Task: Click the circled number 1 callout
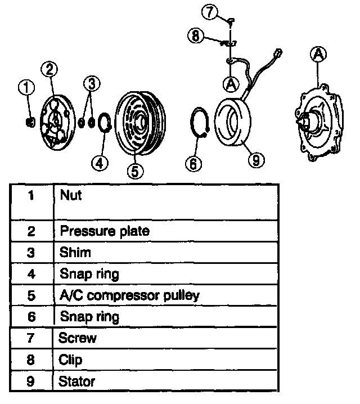(26, 87)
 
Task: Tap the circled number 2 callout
(49, 69)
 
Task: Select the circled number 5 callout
(134, 170)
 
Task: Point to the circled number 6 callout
(193, 163)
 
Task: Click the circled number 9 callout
(255, 160)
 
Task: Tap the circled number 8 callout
(195, 36)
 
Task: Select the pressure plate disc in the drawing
(57, 124)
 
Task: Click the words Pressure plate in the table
(104, 231)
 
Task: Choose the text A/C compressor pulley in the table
(129, 295)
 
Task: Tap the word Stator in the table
(76, 381)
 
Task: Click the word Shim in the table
(75, 253)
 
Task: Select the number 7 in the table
(31, 338)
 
